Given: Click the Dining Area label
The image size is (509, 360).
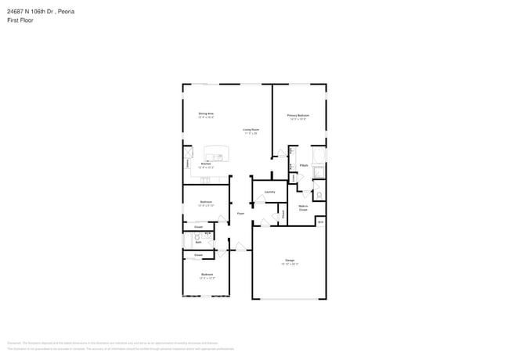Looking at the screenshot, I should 206,114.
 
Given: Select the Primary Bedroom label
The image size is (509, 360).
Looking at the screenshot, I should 299,115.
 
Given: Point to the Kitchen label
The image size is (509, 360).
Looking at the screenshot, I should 205,164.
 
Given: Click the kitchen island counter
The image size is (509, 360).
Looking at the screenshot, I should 214,153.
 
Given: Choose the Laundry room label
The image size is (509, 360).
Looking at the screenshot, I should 269,192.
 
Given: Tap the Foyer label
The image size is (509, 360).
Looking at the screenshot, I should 240,213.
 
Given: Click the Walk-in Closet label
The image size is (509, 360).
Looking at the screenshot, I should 303,209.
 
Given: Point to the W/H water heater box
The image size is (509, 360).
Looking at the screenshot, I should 320,222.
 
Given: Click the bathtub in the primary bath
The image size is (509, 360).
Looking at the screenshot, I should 319,174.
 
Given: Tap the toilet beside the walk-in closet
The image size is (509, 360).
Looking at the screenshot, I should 319,195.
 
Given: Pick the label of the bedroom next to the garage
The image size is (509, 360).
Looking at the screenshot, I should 207,275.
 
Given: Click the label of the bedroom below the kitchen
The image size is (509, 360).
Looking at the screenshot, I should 206,202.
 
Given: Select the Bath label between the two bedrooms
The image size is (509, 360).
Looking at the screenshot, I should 199,242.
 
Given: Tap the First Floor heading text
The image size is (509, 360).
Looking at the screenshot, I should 20,20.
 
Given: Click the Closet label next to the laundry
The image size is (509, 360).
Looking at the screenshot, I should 283,212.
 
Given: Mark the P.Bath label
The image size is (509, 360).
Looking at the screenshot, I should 303,166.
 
